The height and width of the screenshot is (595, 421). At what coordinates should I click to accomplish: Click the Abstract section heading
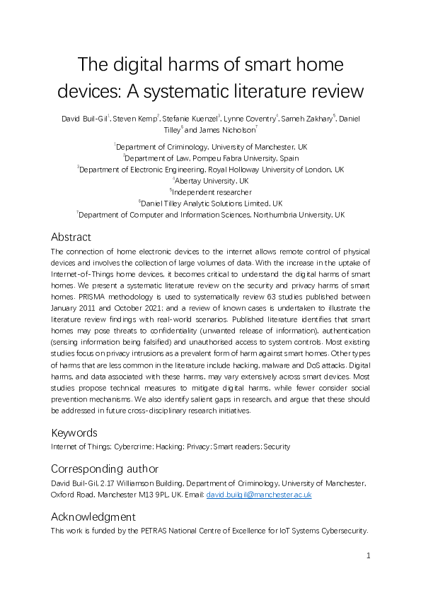pyautogui.click(x=71, y=237)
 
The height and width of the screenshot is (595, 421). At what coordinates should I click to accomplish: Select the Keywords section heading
pyautogui.click(x=75, y=432)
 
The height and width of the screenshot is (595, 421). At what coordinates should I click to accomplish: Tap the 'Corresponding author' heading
pyautogui.click(x=105, y=469)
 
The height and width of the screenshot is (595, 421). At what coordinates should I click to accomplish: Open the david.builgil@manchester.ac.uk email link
pyautogui.click(x=258, y=495)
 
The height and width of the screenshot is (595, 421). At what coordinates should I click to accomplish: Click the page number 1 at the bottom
pyautogui.click(x=369, y=556)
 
